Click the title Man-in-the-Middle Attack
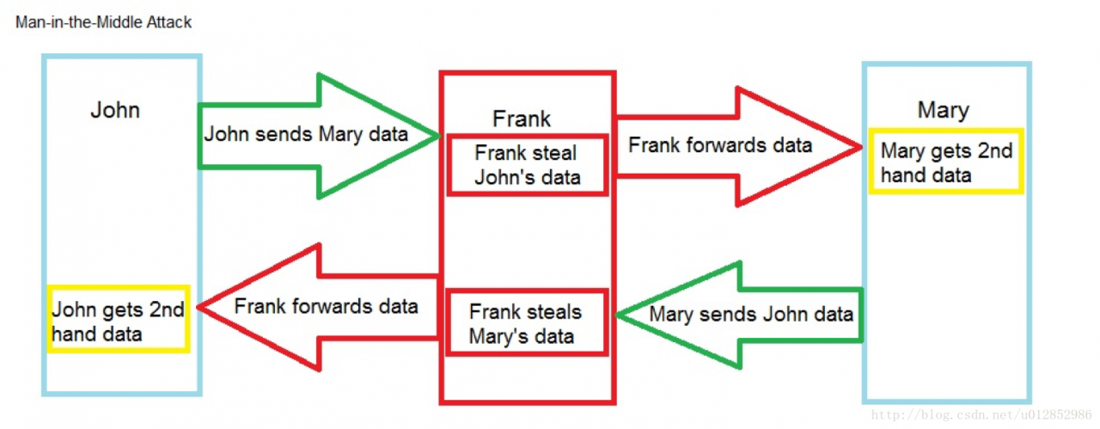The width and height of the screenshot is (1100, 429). pyautogui.click(x=103, y=22)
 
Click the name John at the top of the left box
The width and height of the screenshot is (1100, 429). pyautogui.click(x=115, y=110)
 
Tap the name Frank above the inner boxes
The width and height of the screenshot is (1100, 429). pyautogui.click(x=522, y=119)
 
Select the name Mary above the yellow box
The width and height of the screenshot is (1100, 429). pyautogui.click(x=943, y=110)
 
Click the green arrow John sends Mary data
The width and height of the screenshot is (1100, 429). pyautogui.click(x=318, y=135)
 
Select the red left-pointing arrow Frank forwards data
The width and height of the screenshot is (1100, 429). pyautogui.click(x=326, y=307)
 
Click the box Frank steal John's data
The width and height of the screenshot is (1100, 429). pyautogui.click(x=527, y=165)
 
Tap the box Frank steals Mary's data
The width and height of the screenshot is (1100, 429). pyautogui.click(x=525, y=323)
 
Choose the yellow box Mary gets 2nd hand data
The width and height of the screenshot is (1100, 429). pyautogui.click(x=946, y=162)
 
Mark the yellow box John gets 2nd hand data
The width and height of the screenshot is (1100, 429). pyautogui.click(x=119, y=320)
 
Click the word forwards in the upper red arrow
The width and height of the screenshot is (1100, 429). pyautogui.click(x=724, y=145)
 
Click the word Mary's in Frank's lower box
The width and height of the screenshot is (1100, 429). pyautogui.click(x=498, y=335)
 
